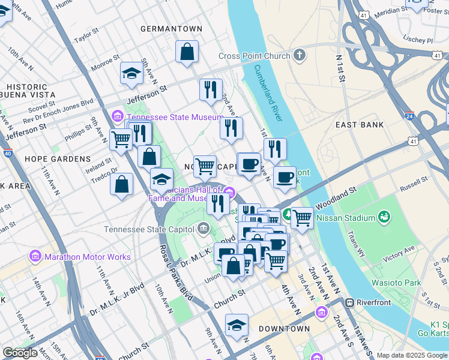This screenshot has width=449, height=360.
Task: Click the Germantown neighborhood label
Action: pyautogui.click(x=171, y=28)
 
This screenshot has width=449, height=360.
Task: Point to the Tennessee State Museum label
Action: pyautogui.click(x=173, y=117)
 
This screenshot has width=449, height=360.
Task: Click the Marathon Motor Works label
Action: pyautogui.click(x=87, y=257)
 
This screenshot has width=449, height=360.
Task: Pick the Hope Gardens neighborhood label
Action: pyautogui.click(x=58, y=159)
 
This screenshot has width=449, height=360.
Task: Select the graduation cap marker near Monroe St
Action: pyautogui.click(x=131, y=74)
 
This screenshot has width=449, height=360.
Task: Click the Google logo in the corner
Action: pyautogui.click(x=20, y=353)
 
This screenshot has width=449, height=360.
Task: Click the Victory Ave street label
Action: pyautogui.click(x=402, y=253)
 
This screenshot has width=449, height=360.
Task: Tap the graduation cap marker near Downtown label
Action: pyautogui.click(x=237, y=326)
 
